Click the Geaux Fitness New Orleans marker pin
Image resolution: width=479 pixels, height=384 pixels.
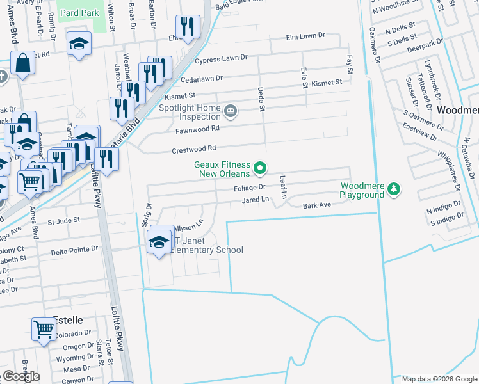[x=260, y=168]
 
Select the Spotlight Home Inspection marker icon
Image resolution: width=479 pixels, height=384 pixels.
[x=231, y=113]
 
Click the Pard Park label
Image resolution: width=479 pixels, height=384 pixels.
[x=79, y=13]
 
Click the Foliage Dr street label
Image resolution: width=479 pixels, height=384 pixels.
[x=249, y=188]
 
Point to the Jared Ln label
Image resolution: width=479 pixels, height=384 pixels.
[x=255, y=200]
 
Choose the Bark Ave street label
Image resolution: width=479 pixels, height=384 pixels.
[x=316, y=205]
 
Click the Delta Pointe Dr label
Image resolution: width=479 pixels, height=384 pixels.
[x=75, y=249]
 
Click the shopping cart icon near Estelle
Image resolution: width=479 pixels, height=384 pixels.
[x=44, y=330]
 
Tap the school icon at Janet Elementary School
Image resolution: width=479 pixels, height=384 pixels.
[x=159, y=241]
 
